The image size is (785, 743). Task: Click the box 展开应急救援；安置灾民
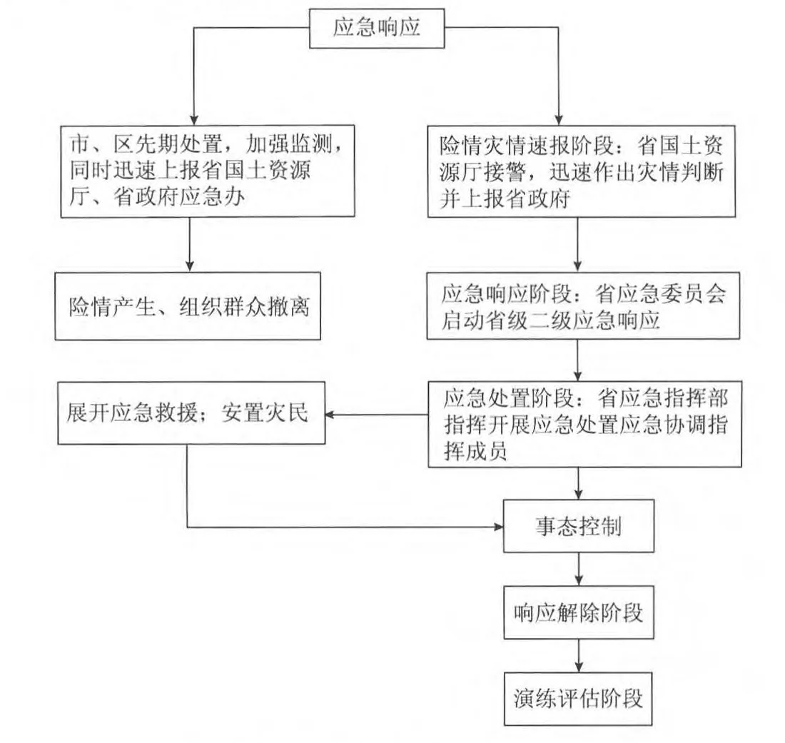pos(189,415)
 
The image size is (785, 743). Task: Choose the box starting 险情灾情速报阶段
pos(582,171)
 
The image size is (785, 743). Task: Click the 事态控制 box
pos(577,527)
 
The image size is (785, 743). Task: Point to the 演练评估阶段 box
pos(577,697)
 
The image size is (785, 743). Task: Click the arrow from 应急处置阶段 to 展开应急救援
pos(375,415)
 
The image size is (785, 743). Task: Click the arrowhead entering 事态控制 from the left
pos(497,527)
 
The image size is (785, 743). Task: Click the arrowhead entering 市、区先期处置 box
pos(189,121)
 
